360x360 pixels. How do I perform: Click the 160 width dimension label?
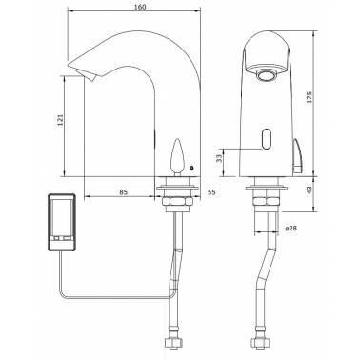coord(140,7)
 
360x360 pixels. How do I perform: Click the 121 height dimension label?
coord(61,120)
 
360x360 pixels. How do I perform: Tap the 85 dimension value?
coord(124,192)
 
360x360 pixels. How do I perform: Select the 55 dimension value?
coord(211,192)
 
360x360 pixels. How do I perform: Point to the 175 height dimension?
coord(310,97)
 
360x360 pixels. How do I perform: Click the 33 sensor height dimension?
coord(219,158)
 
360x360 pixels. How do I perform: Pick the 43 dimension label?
coord(310,190)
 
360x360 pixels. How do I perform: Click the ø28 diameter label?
coord(291,228)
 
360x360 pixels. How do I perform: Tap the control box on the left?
coord(62,222)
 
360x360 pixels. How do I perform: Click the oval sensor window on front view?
coord(267,139)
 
